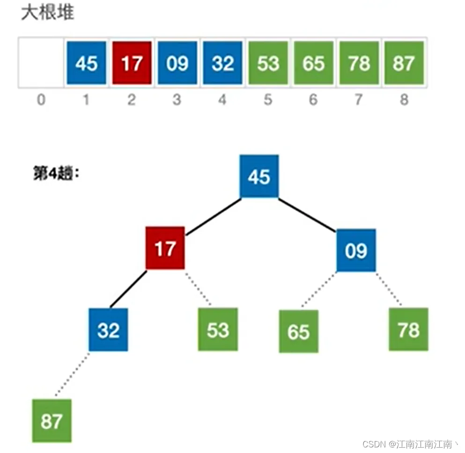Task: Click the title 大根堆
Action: click(47, 13)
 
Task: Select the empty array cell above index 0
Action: click(41, 63)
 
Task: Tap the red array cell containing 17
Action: click(132, 63)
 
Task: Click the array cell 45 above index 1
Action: click(86, 63)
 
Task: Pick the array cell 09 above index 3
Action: click(177, 63)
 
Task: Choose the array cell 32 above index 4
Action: click(222, 63)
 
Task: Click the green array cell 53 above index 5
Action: click(268, 63)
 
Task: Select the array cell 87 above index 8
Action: click(404, 63)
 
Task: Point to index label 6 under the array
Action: click(313, 100)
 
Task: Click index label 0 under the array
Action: click(41, 100)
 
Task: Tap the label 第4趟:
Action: click(55, 174)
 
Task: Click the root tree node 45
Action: click(259, 176)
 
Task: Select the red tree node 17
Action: click(165, 248)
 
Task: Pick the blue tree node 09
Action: click(356, 250)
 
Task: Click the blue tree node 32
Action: click(108, 330)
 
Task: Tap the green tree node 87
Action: click(52, 421)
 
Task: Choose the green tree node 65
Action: click(299, 331)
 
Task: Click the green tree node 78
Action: click(408, 329)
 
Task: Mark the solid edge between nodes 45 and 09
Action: click(307, 215)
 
